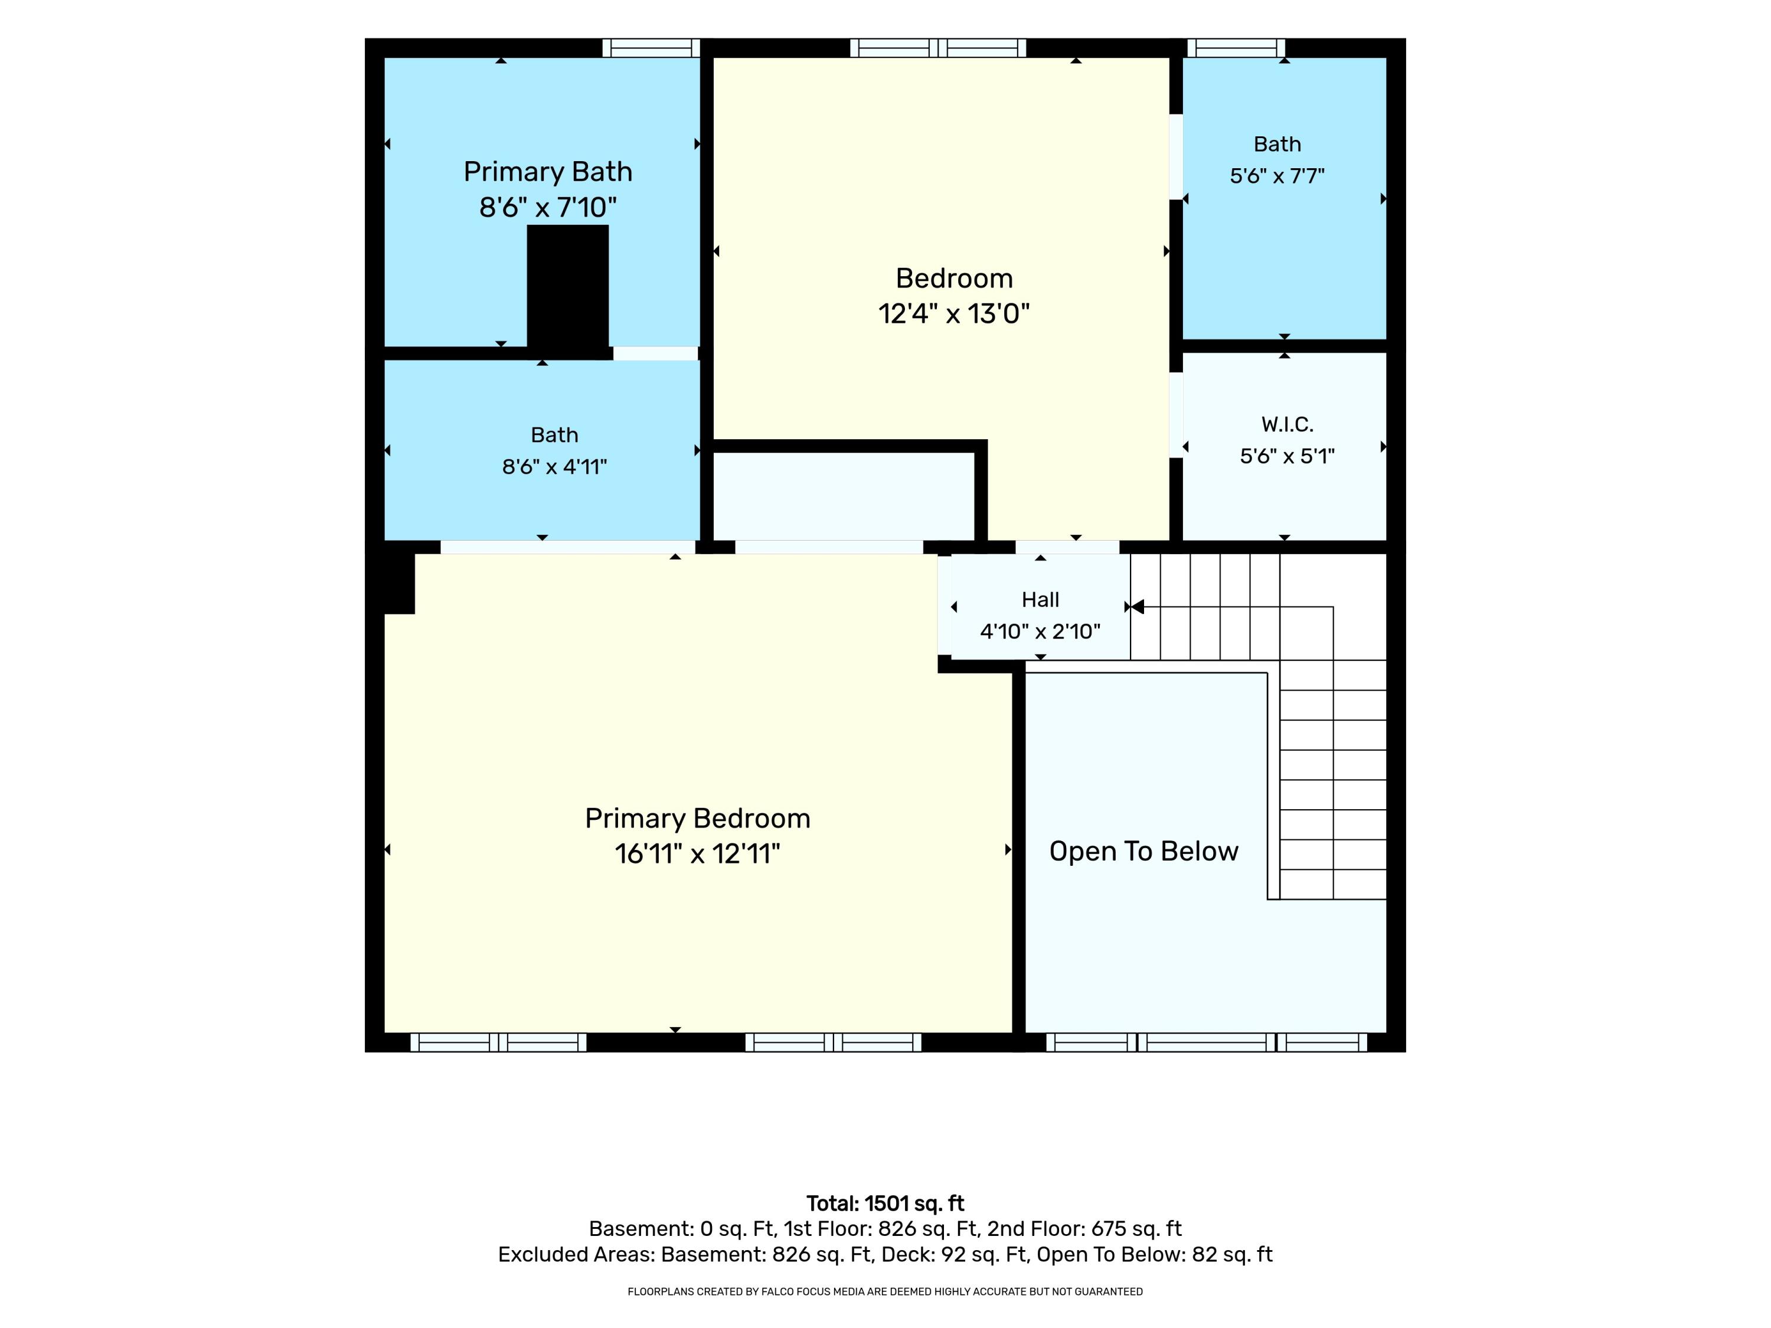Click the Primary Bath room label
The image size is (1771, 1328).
click(548, 172)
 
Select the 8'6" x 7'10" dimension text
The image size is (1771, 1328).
click(548, 207)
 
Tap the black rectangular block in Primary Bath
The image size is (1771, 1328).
click(568, 287)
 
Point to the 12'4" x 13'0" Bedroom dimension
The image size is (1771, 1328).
click(953, 313)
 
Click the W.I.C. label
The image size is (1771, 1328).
click(1288, 424)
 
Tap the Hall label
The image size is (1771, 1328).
click(1040, 600)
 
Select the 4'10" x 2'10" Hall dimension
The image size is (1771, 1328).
click(1040, 632)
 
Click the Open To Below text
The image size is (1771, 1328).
click(1143, 851)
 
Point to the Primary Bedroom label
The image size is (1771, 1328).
click(697, 818)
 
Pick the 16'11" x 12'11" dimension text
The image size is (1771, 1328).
click(697, 853)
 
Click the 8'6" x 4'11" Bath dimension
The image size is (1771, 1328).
click(554, 467)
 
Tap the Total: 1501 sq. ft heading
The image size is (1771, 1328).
click(886, 1203)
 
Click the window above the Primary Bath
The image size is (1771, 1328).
click(651, 48)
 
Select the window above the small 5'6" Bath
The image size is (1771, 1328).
click(1236, 48)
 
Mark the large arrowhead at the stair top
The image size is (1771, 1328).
click(1137, 607)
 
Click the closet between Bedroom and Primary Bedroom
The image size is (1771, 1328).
click(843, 496)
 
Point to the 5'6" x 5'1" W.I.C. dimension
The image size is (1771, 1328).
click(1288, 456)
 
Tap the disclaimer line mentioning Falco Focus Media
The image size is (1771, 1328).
click(886, 1291)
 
